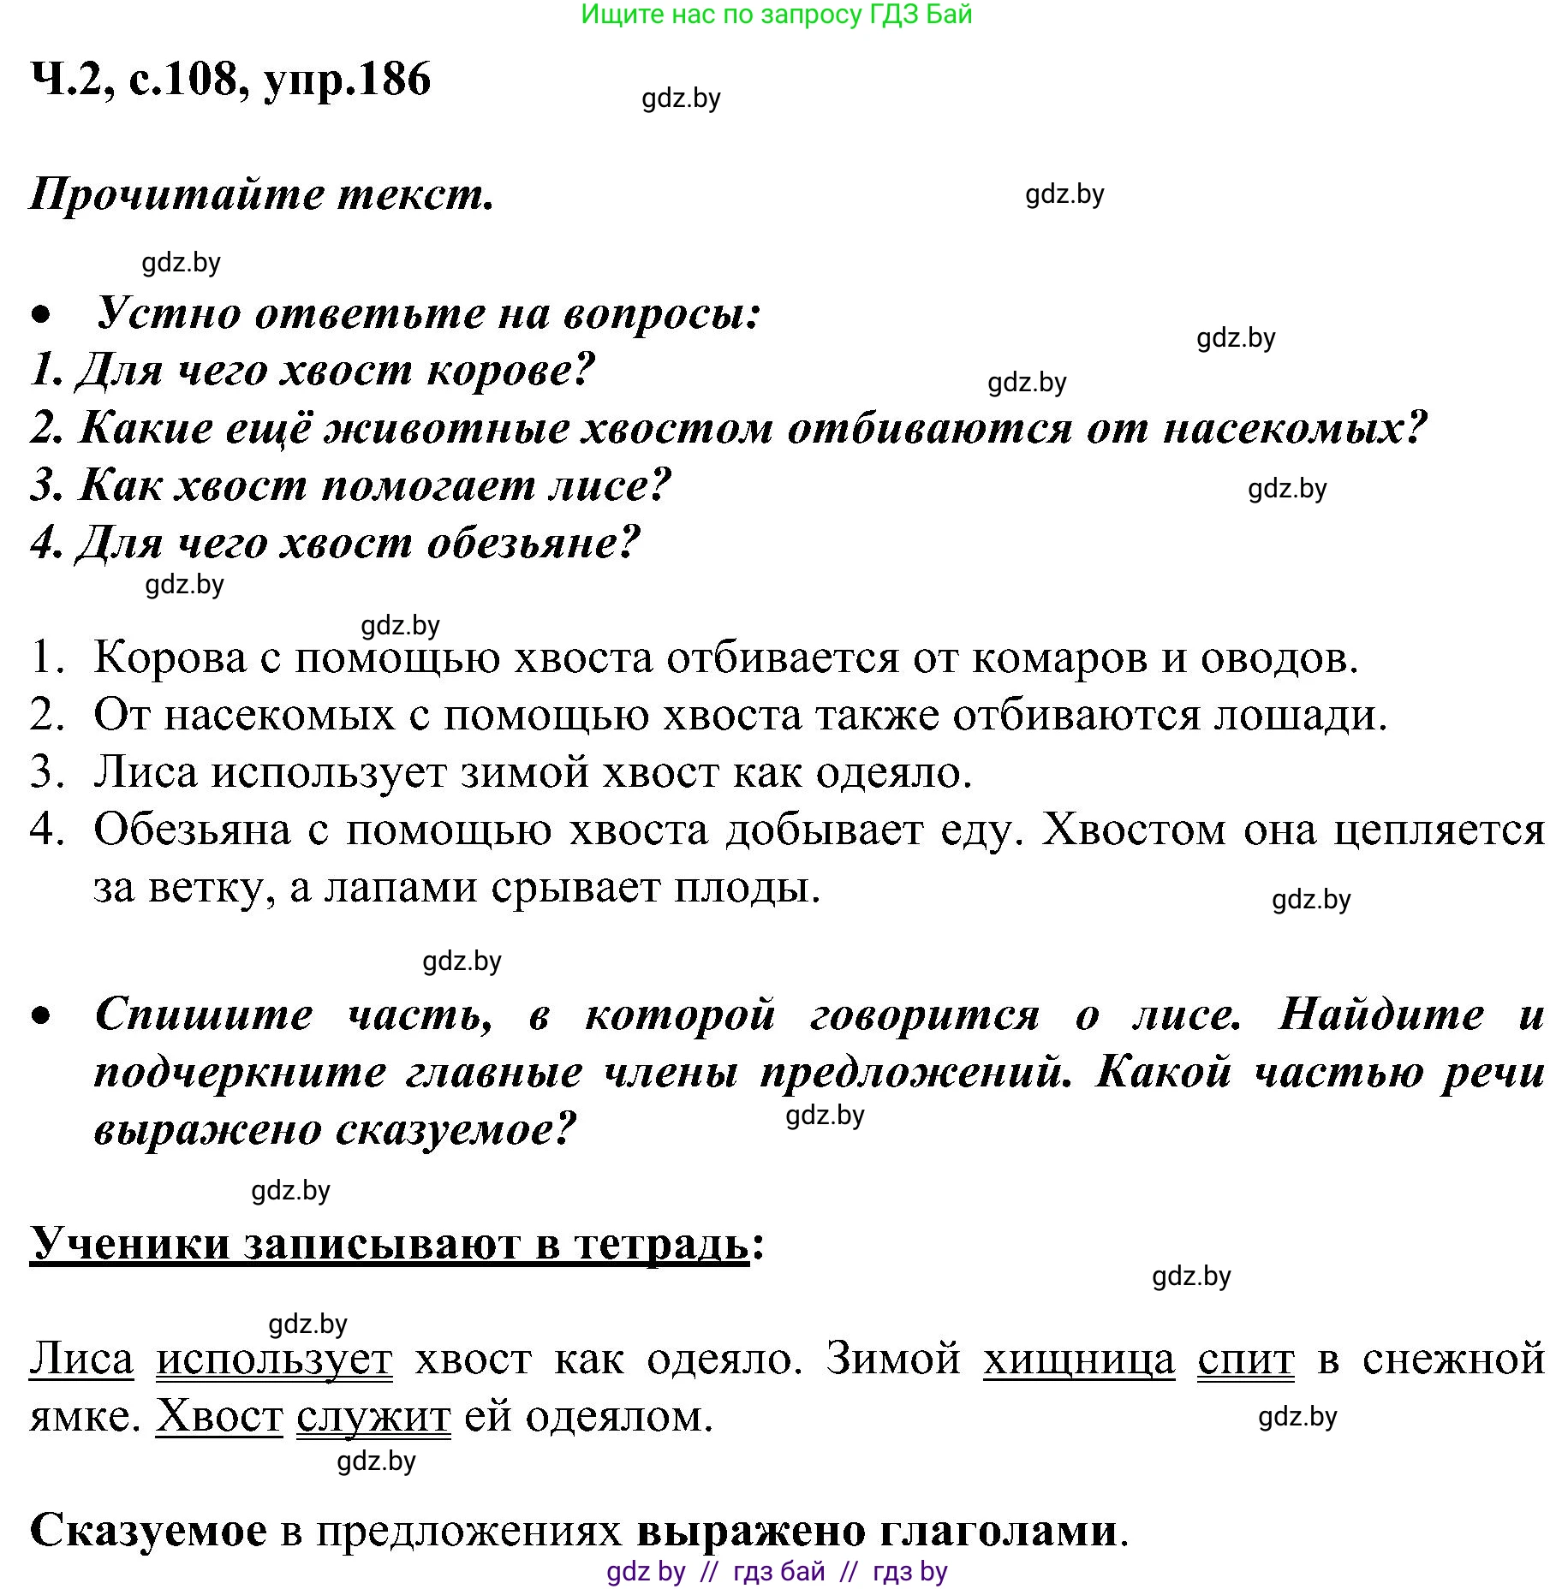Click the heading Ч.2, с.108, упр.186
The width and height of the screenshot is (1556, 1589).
tap(230, 80)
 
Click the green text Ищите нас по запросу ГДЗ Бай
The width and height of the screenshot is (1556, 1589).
tap(776, 15)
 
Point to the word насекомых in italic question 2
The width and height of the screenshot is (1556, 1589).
tap(1294, 427)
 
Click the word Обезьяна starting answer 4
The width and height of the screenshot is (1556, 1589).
tap(193, 830)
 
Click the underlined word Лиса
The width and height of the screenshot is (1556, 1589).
tap(81, 1360)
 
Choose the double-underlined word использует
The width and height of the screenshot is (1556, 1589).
tap(274, 1360)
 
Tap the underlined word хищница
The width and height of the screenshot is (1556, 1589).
tap(1079, 1360)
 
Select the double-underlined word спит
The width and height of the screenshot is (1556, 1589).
tap(1245, 1360)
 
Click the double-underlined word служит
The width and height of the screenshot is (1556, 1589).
tap(373, 1417)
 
